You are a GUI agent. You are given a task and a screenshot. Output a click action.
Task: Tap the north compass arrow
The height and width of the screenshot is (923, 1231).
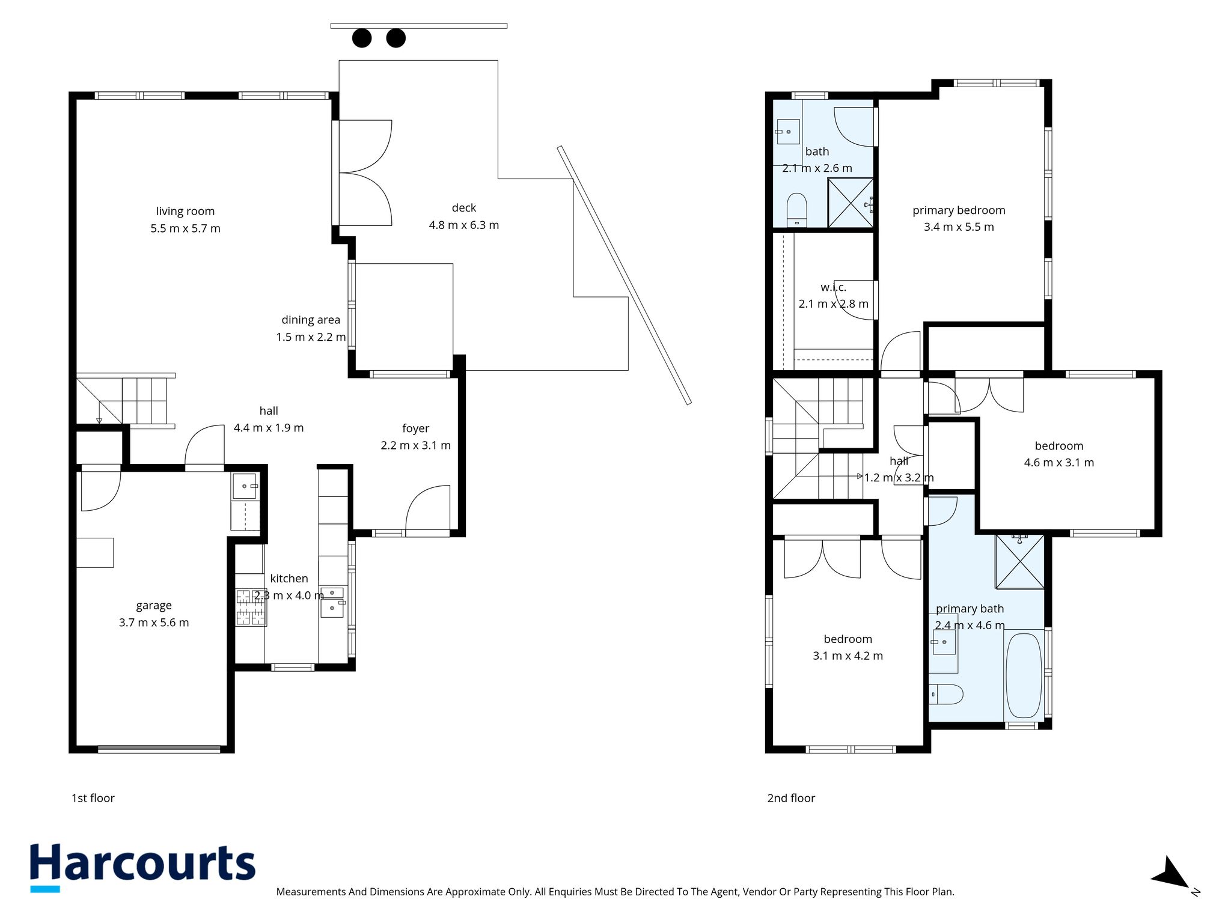(x=1172, y=873)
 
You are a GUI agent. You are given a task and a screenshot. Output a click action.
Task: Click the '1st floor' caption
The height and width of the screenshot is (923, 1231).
(x=93, y=798)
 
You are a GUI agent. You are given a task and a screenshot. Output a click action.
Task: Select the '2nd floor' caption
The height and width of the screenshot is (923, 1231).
(x=791, y=798)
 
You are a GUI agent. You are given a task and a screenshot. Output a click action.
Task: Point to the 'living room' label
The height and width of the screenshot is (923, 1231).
(x=185, y=212)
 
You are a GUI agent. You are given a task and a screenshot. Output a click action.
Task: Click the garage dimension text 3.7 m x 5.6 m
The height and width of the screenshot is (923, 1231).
(x=154, y=623)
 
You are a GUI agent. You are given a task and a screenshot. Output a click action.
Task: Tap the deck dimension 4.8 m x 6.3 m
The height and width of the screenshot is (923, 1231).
(x=464, y=225)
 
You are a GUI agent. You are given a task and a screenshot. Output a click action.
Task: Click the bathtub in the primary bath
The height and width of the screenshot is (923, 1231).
(x=1024, y=675)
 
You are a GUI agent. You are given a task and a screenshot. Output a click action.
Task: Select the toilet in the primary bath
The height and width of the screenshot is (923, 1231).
(x=946, y=694)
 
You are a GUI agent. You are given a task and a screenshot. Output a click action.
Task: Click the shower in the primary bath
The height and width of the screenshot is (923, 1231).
(x=1020, y=561)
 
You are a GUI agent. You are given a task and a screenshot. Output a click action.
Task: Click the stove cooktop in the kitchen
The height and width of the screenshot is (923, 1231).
(x=251, y=608)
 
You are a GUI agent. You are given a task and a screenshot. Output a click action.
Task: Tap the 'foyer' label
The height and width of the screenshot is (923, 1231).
(x=416, y=428)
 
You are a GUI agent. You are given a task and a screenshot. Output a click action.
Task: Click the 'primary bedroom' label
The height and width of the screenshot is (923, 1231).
(x=959, y=210)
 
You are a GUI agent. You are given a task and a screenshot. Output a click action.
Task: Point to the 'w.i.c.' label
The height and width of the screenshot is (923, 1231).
(x=833, y=288)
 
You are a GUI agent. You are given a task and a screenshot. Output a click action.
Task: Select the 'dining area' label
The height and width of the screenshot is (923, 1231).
(x=311, y=320)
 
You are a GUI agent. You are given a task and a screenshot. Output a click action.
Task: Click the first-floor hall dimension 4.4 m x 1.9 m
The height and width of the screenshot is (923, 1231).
(x=269, y=428)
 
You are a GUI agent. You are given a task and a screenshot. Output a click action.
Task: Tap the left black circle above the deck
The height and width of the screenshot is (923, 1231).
(x=362, y=38)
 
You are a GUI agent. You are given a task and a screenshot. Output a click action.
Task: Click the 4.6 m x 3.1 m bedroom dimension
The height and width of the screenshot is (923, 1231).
(x=1059, y=463)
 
